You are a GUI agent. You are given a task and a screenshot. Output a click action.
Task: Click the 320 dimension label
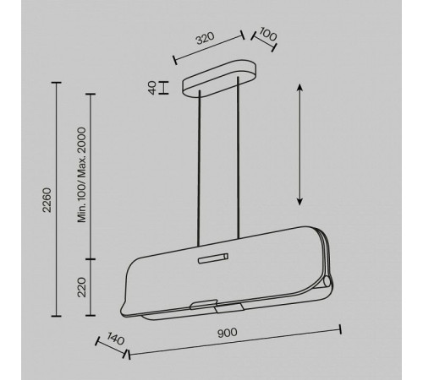click(x=206, y=38)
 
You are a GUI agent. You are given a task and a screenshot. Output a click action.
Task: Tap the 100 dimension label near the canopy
click(x=268, y=34)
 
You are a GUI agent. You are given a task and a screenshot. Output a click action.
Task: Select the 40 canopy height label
click(x=152, y=88)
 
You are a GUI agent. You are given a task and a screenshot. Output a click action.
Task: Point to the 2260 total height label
click(x=47, y=200)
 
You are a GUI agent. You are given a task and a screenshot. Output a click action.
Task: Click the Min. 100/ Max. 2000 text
click(x=82, y=175)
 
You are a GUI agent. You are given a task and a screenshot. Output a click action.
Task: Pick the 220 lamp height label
click(x=82, y=287)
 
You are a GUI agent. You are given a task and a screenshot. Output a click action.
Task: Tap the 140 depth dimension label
click(x=116, y=339)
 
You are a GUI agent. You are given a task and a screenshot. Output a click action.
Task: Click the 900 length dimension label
click(x=228, y=333)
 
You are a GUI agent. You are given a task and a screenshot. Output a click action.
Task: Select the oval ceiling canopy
click(x=220, y=79)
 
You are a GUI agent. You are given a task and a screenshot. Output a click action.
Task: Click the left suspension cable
click(x=200, y=168)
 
